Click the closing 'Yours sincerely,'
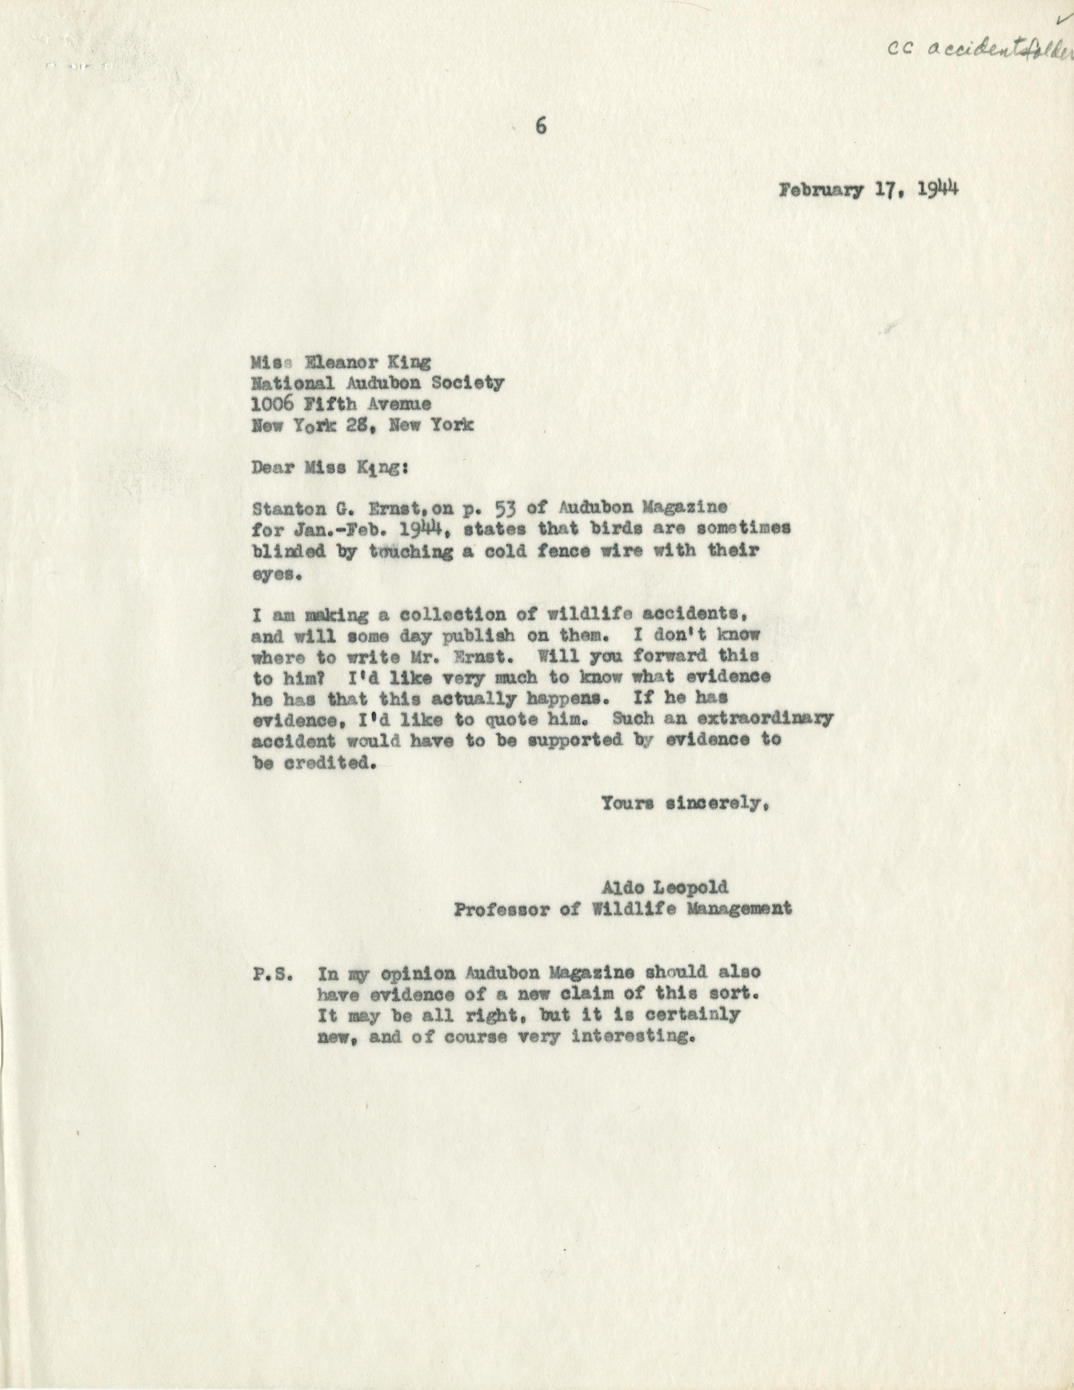point(684,804)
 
